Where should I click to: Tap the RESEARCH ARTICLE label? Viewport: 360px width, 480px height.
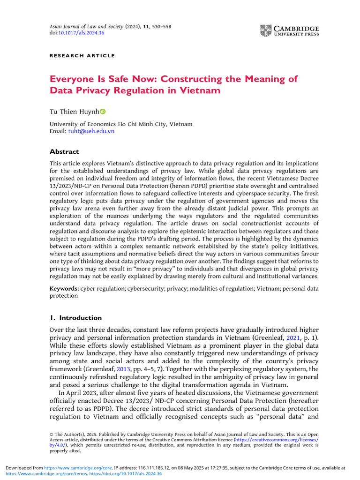(x=82, y=56)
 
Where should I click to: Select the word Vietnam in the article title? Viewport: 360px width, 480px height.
(x=197, y=90)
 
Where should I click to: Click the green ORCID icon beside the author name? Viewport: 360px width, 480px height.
(x=103, y=112)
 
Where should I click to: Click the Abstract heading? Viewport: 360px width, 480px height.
(x=64, y=152)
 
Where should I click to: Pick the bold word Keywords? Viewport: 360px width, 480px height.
(x=64, y=289)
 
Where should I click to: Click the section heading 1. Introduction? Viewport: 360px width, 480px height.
(x=75, y=318)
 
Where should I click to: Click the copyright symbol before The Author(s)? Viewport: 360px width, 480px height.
(x=52, y=435)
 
